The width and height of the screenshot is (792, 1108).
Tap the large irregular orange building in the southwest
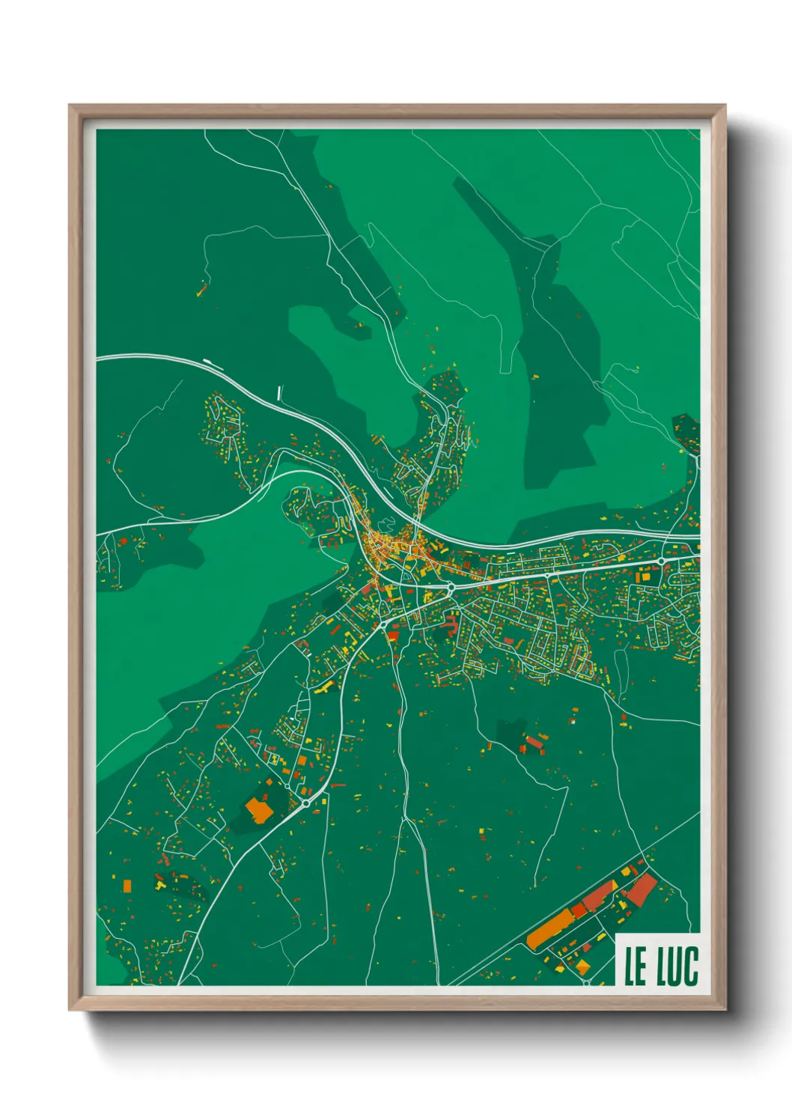click(259, 811)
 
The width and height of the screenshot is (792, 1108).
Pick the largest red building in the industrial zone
click(641, 889)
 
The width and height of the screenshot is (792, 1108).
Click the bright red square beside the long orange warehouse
click(579, 910)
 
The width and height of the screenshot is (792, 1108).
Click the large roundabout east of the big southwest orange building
click(306, 803)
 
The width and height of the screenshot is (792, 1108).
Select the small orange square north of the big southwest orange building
click(268, 782)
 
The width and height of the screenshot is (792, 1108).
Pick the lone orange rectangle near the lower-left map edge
click(127, 886)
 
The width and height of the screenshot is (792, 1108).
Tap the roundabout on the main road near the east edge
click(662, 561)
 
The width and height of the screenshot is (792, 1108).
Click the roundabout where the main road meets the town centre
click(451, 588)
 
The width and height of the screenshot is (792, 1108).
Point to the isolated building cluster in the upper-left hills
click(201, 288)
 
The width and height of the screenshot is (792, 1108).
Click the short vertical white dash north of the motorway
click(279, 392)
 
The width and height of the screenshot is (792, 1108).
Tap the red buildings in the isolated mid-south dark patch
click(533, 743)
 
